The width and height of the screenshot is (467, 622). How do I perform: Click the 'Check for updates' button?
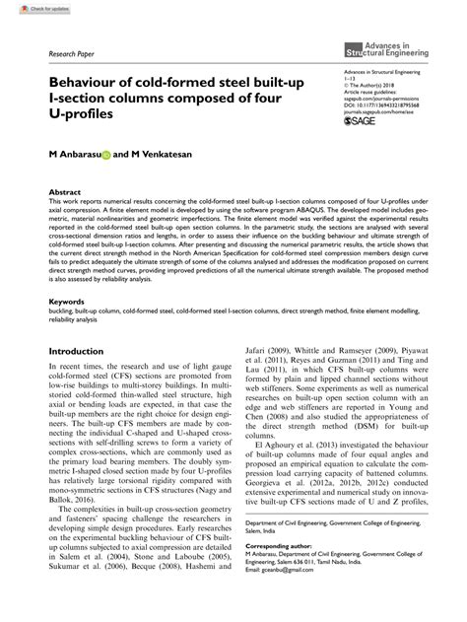click(31, 8)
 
